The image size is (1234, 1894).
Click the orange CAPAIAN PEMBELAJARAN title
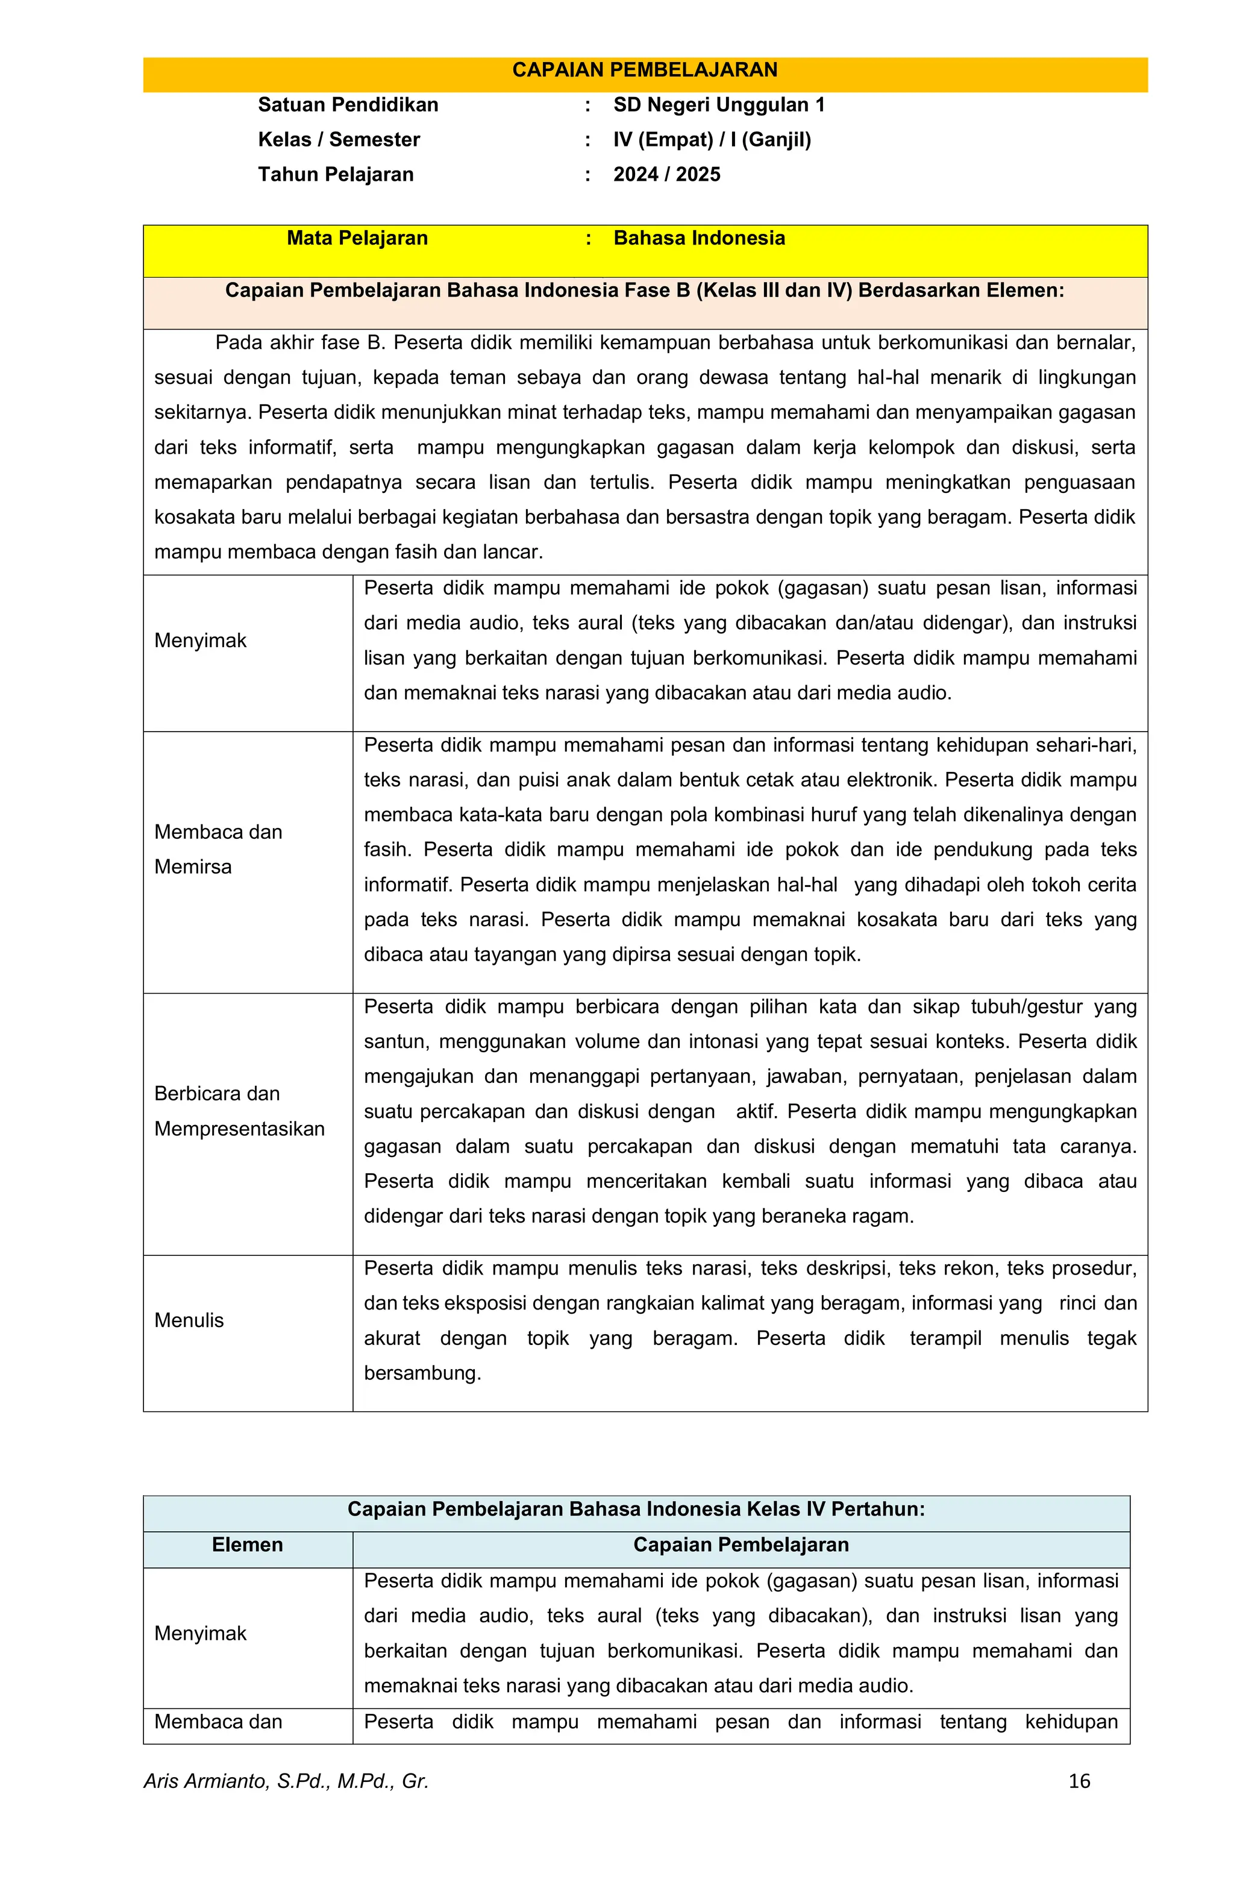point(645,70)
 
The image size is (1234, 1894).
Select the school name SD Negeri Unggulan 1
point(718,105)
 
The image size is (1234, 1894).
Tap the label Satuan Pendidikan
point(348,105)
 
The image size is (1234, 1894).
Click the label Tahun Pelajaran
point(335,175)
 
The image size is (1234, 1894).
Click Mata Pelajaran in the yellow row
point(357,238)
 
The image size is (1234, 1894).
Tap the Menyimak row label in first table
point(201,641)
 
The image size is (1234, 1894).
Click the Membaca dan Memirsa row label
point(218,849)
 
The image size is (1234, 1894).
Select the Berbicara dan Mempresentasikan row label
point(239,1111)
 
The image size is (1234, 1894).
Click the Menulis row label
point(189,1320)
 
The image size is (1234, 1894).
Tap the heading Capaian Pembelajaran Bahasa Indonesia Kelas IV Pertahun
point(636,1509)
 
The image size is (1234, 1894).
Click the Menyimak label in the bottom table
point(201,1634)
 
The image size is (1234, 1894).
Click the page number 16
point(1079,1781)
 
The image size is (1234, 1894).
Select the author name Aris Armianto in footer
point(286,1781)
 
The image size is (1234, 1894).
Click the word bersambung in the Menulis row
point(422,1373)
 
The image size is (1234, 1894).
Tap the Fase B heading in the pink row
point(645,290)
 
